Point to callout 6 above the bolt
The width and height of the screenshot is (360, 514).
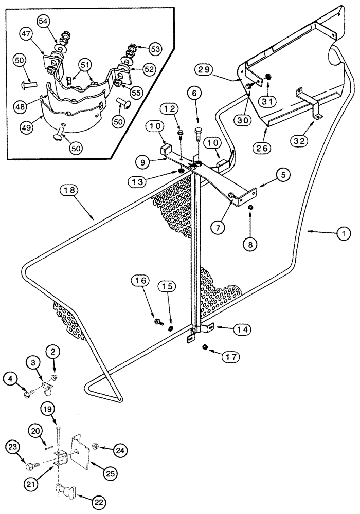point(199,94)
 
